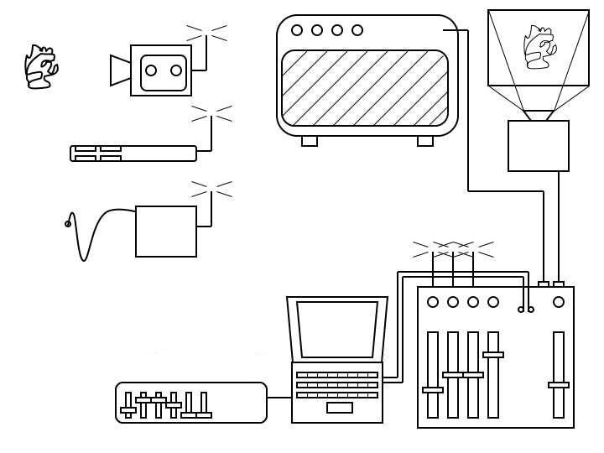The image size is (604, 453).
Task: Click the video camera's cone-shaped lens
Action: (121, 70)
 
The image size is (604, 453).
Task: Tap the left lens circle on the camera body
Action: (151, 70)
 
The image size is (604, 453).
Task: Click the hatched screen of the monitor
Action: (365, 88)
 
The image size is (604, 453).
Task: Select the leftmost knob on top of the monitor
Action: (297, 30)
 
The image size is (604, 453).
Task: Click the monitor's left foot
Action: (310, 141)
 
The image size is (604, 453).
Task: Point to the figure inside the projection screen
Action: (538, 47)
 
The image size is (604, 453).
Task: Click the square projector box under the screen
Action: (539, 146)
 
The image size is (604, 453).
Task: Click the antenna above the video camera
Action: (206, 34)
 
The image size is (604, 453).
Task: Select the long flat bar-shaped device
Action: (133, 154)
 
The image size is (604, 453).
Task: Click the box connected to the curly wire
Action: (166, 232)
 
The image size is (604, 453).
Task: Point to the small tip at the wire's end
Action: (68, 224)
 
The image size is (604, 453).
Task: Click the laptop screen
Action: (337, 329)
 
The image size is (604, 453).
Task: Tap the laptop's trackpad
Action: (340, 408)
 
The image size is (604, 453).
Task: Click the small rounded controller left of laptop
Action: (191, 403)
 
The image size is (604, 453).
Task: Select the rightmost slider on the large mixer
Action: (559, 384)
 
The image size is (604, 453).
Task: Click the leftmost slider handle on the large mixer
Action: (433, 390)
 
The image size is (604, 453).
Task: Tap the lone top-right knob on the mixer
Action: (559, 302)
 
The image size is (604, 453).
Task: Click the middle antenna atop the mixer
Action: (453, 250)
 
